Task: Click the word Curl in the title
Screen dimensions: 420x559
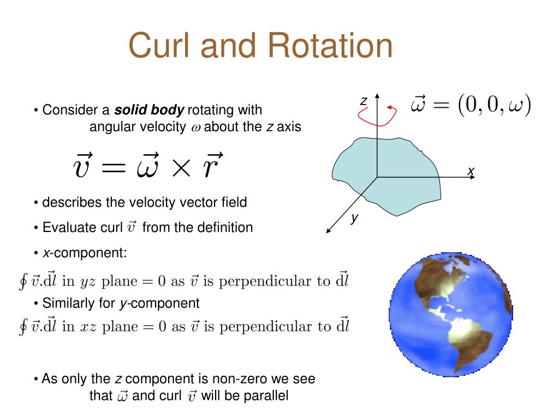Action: [159, 46]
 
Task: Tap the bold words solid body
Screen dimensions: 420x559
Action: [149, 110]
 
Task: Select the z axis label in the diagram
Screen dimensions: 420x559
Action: [362, 101]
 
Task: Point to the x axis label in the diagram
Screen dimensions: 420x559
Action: [470, 172]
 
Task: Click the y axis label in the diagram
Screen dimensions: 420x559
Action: [354, 218]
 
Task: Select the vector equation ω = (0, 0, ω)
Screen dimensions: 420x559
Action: [471, 106]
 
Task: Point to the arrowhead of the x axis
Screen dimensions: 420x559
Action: [477, 177]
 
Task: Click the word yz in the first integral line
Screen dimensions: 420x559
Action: [88, 282]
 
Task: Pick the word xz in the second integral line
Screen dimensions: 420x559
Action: [88, 327]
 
